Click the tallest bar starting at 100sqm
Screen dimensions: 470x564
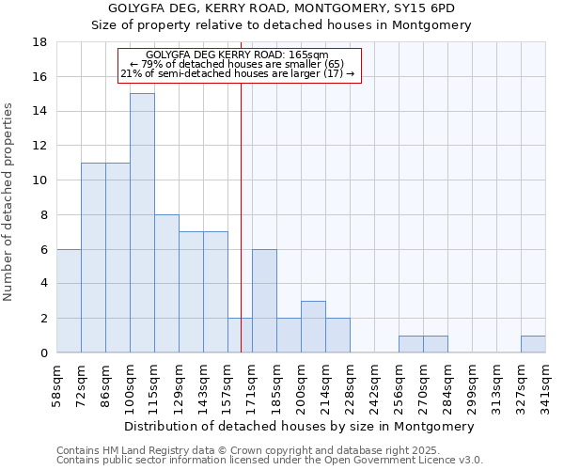click(142, 223)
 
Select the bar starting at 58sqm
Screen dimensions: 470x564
click(69, 301)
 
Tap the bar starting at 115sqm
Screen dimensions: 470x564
click(166, 283)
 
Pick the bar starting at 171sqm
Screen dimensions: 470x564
click(264, 301)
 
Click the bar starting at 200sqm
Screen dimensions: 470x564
click(313, 326)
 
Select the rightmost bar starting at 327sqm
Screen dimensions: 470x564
click(533, 344)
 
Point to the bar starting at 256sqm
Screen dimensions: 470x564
click(411, 344)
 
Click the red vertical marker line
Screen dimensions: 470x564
click(241, 235)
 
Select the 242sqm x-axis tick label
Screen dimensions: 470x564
click(374, 384)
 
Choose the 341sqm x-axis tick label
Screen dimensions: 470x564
click(545, 384)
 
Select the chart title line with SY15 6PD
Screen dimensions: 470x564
click(282, 8)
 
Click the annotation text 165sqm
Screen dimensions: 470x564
click(239, 55)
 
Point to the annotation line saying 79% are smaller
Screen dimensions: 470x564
click(239, 64)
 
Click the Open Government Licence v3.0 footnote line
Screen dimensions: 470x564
click(270, 460)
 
